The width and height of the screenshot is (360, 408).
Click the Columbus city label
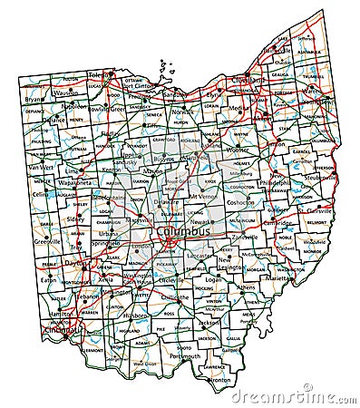click(x=186, y=234)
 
